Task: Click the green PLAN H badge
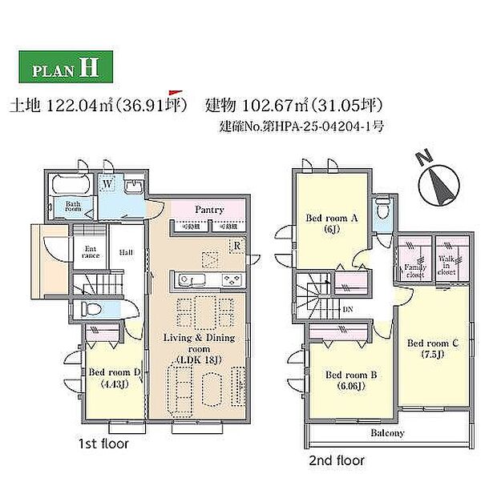click(x=65, y=67)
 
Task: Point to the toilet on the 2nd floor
click(x=383, y=209)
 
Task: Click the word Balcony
click(x=387, y=433)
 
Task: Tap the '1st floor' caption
click(x=103, y=443)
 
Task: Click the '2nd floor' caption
click(x=337, y=460)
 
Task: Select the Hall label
click(x=127, y=251)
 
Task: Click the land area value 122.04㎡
click(x=80, y=105)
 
